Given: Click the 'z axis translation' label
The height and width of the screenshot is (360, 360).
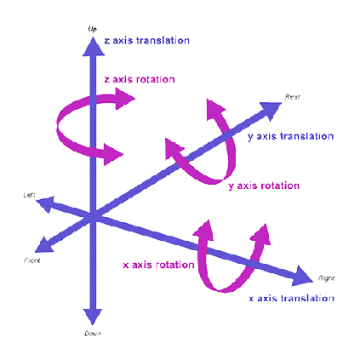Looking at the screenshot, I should [x=146, y=40].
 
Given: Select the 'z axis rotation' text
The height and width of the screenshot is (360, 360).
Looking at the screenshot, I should [x=139, y=79].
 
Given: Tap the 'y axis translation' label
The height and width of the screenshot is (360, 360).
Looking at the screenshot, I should [x=290, y=136].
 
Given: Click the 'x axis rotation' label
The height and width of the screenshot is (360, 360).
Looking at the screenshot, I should [x=159, y=264].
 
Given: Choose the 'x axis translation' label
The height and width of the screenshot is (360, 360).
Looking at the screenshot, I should [x=291, y=298].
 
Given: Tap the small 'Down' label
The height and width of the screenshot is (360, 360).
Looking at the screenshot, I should [x=93, y=334].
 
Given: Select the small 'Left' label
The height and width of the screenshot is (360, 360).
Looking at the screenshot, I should [x=29, y=195].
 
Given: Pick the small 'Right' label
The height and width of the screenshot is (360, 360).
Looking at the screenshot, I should [x=326, y=278].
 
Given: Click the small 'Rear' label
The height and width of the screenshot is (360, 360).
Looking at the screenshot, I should [x=292, y=96].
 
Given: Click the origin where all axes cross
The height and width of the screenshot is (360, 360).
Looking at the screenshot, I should [x=92, y=217].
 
